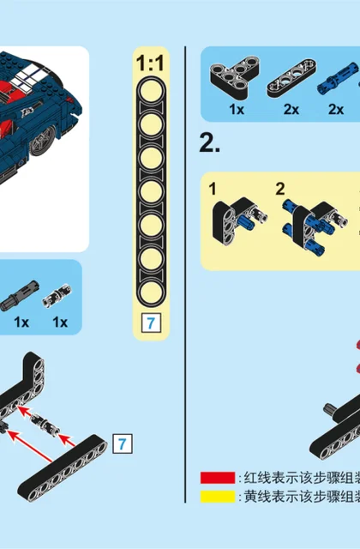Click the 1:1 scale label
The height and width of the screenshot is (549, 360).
[x=150, y=63]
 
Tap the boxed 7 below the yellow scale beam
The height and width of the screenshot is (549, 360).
[x=151, y=323]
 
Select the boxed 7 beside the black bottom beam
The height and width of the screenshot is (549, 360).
[x=123, y=443]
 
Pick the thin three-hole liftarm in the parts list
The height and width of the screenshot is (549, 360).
[x=291, y=78]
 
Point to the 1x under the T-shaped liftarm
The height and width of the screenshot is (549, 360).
[x=237, y=110]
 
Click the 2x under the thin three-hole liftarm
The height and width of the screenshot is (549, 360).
[x=291, y=110]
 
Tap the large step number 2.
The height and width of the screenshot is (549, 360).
[x=209, y=143]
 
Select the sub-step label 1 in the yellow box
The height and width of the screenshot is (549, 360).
[x=213, y=189]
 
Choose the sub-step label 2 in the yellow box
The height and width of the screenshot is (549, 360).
[x=280, y=189]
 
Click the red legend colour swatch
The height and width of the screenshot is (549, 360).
[x=217, y=478]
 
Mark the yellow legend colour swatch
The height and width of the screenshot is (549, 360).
[x=217, y=497]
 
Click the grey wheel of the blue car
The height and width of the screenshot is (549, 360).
[x=43, y=141]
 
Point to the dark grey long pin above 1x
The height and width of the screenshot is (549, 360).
[x=19, y=296]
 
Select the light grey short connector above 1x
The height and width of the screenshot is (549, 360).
[x=57, y=296]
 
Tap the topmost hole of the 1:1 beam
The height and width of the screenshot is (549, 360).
[x=151, y=91]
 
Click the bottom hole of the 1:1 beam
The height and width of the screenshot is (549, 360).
[x=151, y=293]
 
